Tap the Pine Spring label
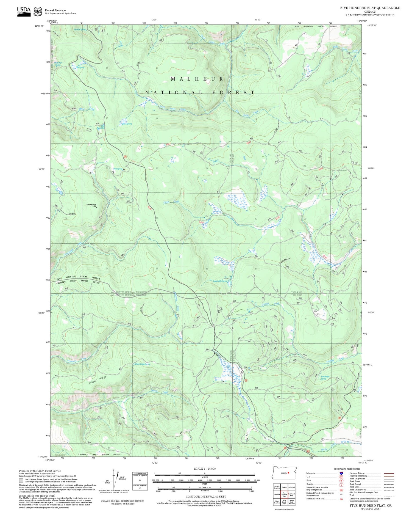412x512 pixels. [118, 169]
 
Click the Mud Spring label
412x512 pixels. [127, 124]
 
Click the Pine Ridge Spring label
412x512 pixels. [325, 378]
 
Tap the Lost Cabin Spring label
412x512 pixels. [220, 281]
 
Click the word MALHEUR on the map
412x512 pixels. [197, 79]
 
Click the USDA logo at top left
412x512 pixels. [24, 12]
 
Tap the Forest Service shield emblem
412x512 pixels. [38, 12]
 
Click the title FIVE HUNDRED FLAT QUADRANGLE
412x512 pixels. [370, 8]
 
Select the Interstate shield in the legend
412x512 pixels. [341, 473]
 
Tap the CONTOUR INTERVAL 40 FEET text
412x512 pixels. [206, 497]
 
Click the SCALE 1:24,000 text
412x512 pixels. [205, 469]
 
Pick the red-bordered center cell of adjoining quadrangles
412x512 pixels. [284, 494]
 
